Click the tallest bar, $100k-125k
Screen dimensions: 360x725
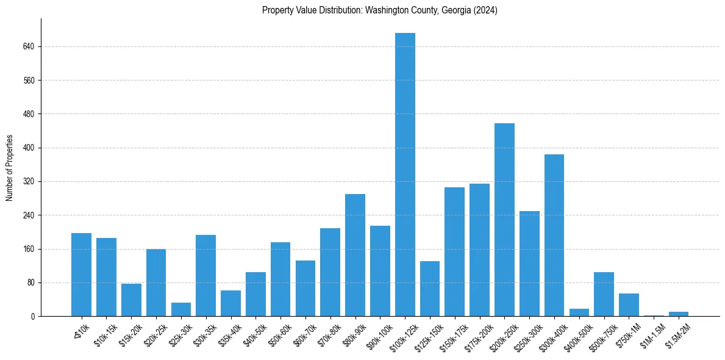[405, 175]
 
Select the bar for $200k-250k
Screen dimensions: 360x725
[504, 220]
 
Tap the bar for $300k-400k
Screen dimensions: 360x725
[554, 236]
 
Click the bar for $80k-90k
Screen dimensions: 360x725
[355, 255]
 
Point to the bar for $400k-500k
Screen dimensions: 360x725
[579, 313]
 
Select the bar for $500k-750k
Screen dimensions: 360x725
[604, 294]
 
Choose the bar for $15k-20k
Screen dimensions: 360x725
[131, 300]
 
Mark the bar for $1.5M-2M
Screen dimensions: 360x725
[679, 314]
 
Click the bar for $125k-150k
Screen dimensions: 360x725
[430, 289]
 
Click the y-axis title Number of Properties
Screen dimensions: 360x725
[9, 168]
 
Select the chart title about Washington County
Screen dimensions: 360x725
[380, 10]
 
